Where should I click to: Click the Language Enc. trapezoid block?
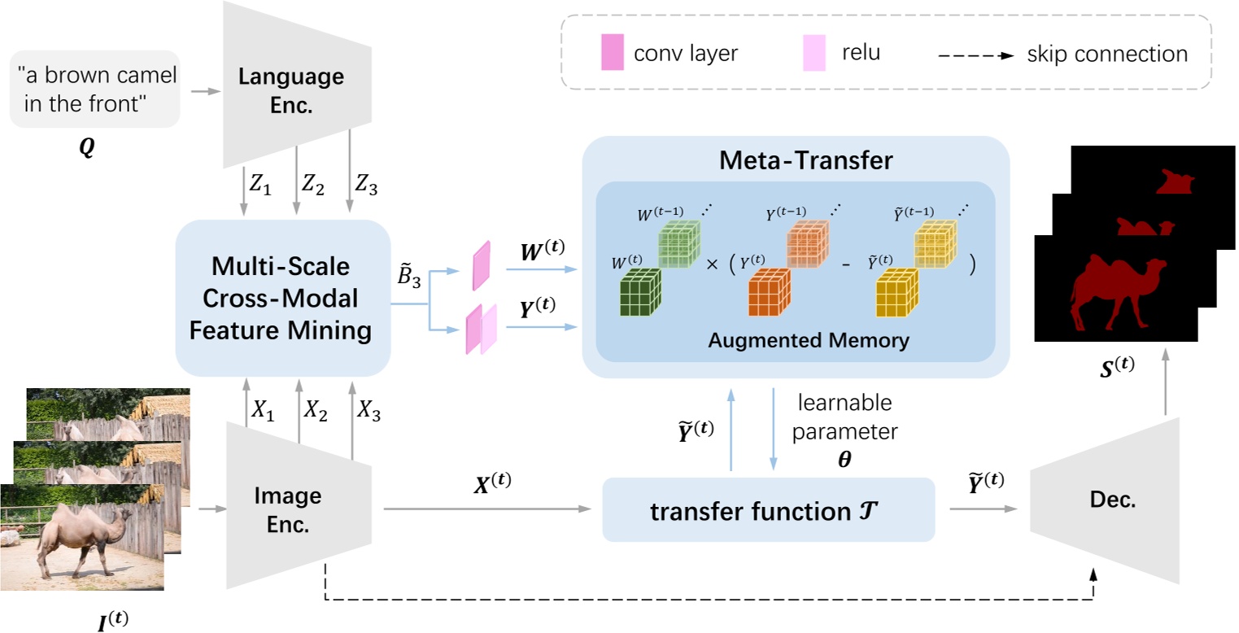coord(297,85)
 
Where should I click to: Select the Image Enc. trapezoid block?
coord(299,506)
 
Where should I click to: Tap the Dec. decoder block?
coord(1105,500)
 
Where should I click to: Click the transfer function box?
coord(768,509)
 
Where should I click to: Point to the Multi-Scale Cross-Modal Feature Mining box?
coord(282,299)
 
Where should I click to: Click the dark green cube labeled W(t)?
coord(640,292)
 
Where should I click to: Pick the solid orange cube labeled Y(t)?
coord(770,292)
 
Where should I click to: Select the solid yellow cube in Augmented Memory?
coord(897,292)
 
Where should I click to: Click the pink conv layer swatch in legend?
coord(613,52)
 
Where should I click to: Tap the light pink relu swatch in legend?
coord(814,53)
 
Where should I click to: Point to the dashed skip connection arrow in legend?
coord(976,55)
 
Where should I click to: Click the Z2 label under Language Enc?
coord(312,184)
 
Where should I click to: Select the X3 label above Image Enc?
coord(369,411)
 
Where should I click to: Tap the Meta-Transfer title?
coord(806,160)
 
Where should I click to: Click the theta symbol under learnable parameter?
coord(844,459)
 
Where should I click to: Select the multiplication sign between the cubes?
coord(712,264)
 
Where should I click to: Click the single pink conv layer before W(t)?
coord(482,265)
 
